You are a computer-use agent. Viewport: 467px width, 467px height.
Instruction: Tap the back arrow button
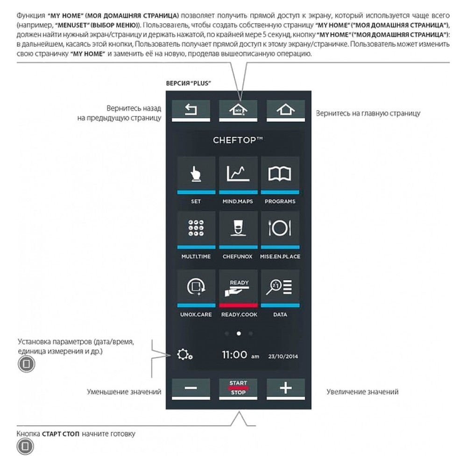click(191, 110)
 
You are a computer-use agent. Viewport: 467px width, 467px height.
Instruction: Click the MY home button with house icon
click(238, 110)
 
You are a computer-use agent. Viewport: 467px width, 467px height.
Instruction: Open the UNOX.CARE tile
click(196, 287)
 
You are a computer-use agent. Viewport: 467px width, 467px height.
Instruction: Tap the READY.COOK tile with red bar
click(238, 287)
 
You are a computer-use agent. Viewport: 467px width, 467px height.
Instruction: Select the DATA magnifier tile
click(280, 287)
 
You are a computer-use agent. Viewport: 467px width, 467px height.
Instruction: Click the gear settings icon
click(185, 355)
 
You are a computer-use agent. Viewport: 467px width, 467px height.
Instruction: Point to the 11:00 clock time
click(234, 355)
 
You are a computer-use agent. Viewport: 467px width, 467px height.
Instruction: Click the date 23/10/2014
click(283, 356)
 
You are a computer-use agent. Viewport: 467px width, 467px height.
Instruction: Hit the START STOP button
click(238, 388)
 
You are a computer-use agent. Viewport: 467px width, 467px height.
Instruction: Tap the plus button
click(285, 388)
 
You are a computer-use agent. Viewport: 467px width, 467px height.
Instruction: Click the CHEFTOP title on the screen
click(238, 140)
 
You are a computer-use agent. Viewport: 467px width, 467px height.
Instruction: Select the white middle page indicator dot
click(239, 333)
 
